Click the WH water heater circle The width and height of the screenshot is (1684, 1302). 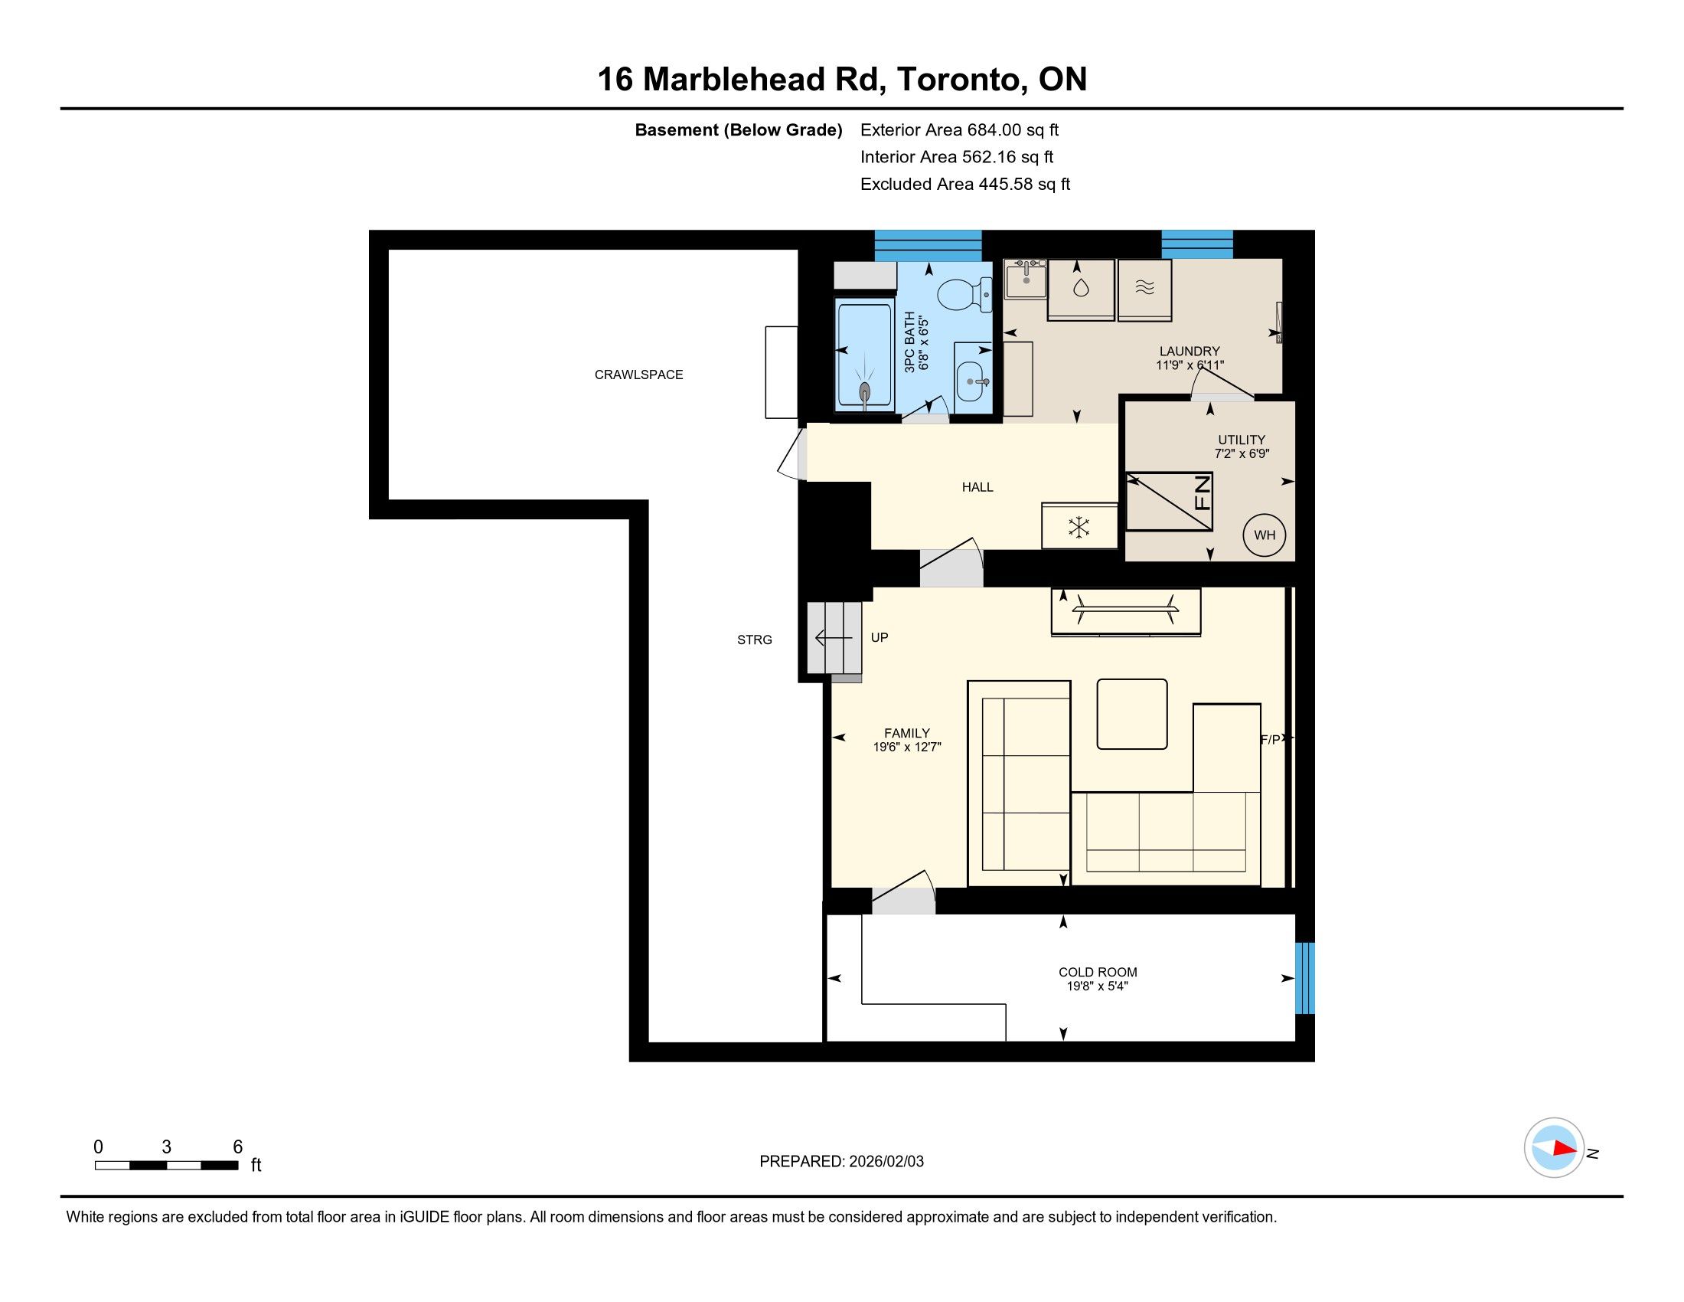(x=1265, y=535)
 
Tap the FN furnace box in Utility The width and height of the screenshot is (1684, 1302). (x=1169, y=502)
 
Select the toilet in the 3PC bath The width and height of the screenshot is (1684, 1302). (x=964, y=295)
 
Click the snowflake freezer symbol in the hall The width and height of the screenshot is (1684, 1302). (x=1079, y=528)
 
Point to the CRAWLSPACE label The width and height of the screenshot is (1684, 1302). (x=638, y=375)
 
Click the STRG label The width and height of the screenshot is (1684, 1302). (x=754, y=640)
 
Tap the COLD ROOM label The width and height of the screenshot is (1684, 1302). (x=1098, y=972)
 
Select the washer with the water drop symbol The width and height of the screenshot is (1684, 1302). (x=1081, y=290)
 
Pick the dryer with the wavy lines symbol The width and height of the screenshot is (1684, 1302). (x=1145, y=290)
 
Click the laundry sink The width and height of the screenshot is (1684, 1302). (x=1026, y=280)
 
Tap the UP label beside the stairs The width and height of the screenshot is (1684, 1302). (x=879, y=637)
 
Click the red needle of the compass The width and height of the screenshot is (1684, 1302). (x=1565, y=1148)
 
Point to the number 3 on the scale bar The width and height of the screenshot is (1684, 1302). (x=167, y=1147)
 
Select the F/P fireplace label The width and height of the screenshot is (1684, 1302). (x=1271, y=740)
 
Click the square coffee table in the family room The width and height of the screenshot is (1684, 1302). (x=1132, y=714)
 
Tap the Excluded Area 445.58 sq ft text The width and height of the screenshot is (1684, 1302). (x=965, y=185)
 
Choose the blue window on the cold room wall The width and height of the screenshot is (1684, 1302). (x=1304, y=978)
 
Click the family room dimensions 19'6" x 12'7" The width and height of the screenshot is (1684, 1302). (x=907, y=747)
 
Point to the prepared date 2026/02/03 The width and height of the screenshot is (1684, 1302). (x=886, y=1162)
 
